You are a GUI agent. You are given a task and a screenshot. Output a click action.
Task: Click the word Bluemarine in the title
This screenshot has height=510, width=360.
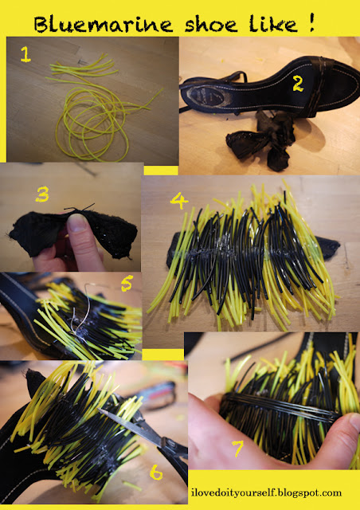coord(104,25)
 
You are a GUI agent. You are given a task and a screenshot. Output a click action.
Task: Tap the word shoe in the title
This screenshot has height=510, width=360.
coord(211,25)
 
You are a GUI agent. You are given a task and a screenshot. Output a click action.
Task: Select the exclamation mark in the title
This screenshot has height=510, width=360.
coord(312,22)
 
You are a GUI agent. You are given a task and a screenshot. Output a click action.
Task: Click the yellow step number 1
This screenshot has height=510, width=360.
coord(25,54)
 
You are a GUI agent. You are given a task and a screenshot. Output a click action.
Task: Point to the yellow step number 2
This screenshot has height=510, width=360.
coord(298,84)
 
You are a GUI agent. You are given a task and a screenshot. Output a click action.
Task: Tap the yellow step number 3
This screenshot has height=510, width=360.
coord(42,194)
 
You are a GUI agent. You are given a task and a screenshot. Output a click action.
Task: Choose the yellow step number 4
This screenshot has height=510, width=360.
coord(179,202)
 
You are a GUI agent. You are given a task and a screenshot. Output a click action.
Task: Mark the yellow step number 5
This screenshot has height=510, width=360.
coord(127,283)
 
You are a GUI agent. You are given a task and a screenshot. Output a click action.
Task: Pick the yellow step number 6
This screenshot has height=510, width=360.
coord(156,472)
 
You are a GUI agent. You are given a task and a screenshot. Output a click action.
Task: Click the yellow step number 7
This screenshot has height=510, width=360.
coord(237,449)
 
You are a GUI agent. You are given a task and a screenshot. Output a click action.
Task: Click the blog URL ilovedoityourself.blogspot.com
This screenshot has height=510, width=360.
coord(266,493)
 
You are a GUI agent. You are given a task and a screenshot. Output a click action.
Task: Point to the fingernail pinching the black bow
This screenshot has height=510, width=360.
coord(77,223)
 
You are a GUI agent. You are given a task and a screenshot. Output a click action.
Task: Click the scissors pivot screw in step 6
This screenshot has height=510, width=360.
coord(166,441)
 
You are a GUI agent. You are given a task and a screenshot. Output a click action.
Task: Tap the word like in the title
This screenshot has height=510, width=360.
coord(273,24)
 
